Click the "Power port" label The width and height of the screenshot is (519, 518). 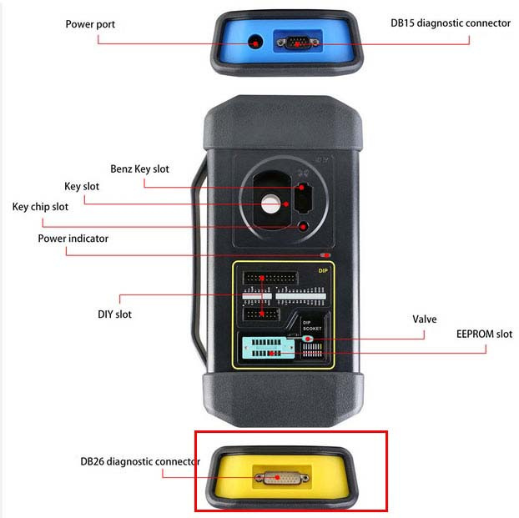(x=90, y=24)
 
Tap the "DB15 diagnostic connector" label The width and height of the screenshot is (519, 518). (x=451, y=23)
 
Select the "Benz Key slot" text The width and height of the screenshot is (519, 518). (x=139, y=169)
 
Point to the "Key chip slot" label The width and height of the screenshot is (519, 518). (x=40, y=207)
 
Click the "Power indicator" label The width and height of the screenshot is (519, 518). (x=73, y=239)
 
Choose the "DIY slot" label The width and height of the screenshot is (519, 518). (x=114, y=314)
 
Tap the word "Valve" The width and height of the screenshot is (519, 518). (x=425, y=319)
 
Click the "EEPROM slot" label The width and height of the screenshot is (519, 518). (x=484, y=334)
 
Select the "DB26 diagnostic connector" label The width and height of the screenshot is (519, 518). (x=140, y=461)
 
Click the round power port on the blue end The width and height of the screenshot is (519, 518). (x=255, y=43)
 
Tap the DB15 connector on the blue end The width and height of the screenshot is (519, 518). (x=298, y=43)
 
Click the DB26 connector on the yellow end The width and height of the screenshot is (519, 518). (x=282, y=478)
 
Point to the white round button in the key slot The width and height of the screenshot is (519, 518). (x=270, y=204)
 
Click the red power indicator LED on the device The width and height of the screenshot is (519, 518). (x=325, y=255)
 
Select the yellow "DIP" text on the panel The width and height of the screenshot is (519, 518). (x=323, y=271)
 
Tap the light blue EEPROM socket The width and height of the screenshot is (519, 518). (x=268, y=348)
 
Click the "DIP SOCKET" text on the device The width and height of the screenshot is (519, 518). (x=312, y=325)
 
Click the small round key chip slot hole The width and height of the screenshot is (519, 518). (x=303, y=227)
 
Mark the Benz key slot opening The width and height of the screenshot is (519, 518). (x=303, y=198)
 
